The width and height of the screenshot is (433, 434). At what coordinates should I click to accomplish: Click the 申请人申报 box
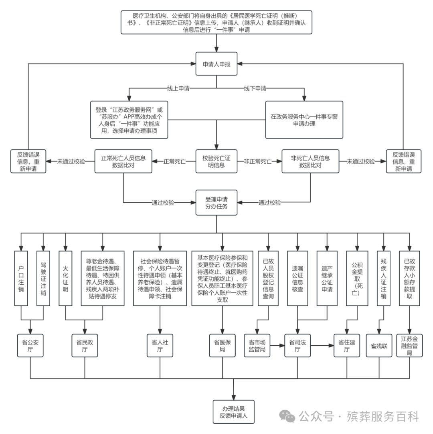pyautogui.click(x=216, y=64)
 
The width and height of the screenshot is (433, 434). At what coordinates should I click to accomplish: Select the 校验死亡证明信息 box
pyautogui.click(x=216, y=161)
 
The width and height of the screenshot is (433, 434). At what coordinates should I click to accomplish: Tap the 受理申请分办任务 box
pyautogui.click(x=216, y=203)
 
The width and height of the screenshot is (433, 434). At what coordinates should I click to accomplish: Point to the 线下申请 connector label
pyautogui.click(x=255, y=88)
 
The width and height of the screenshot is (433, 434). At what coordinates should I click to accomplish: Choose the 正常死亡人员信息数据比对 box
pyautogui.click(x=123, y=161)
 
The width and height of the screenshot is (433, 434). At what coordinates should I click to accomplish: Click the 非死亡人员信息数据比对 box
pyautogui.click(x=311, y=161)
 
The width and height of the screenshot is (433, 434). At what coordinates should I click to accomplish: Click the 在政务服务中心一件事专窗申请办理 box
pyautogui.click(x=304, y=120)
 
